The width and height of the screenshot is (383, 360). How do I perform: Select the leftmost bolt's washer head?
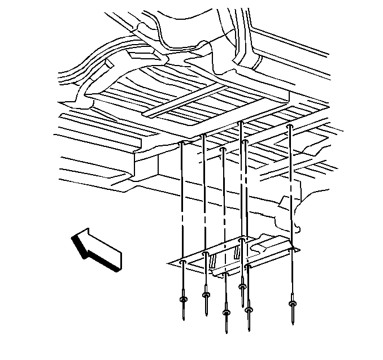pos(183,299)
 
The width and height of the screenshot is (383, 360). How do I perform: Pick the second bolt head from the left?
pos(206,294)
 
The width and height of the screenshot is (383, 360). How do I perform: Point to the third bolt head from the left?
pos(226,311)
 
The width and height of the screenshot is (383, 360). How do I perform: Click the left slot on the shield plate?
pos(214,261)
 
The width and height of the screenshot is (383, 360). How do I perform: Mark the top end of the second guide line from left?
pos(203,136)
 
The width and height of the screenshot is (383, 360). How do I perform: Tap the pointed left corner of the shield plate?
pos(169,263)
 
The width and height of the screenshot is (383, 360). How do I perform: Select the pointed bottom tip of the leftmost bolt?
pos(184,319)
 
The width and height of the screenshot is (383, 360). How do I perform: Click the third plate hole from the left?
pos(225,275)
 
